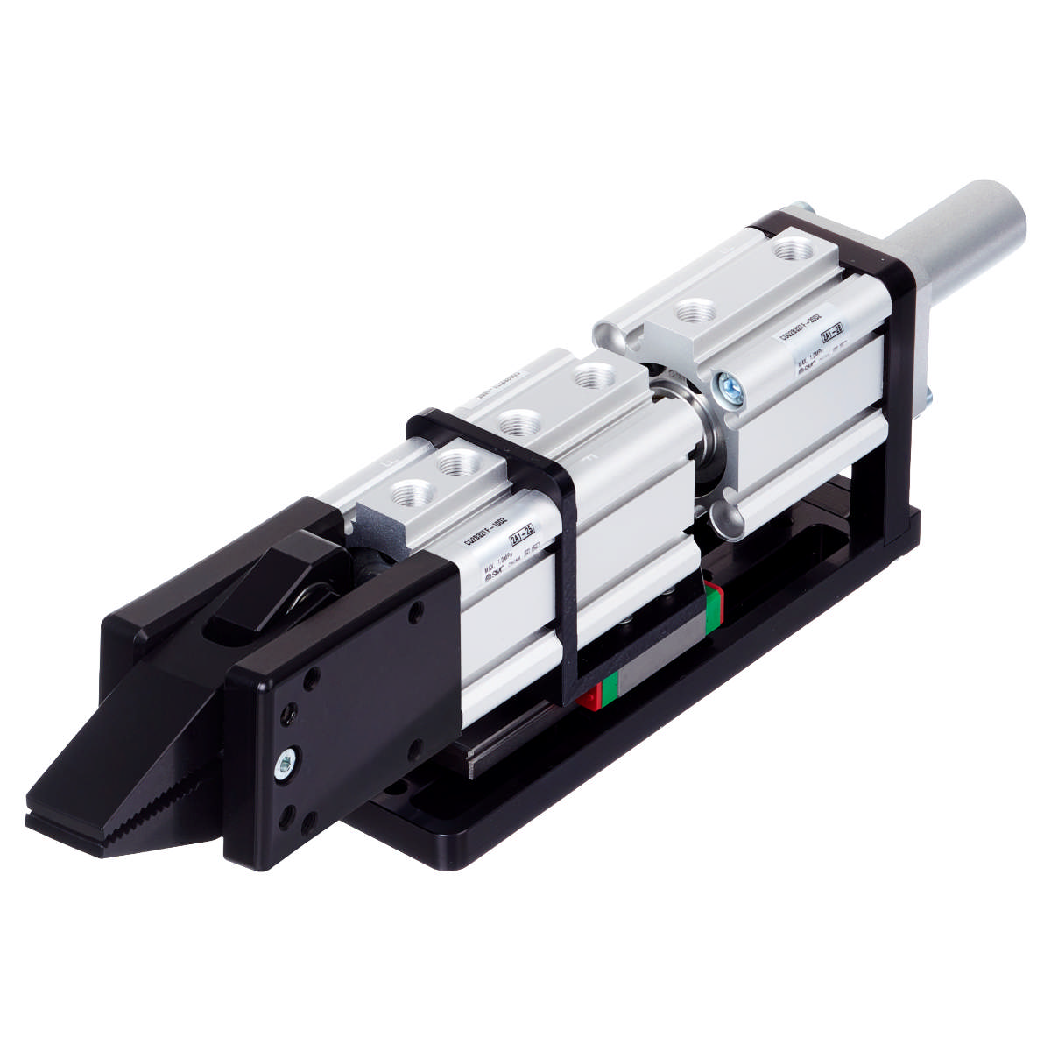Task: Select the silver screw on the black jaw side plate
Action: click(286, 763)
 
